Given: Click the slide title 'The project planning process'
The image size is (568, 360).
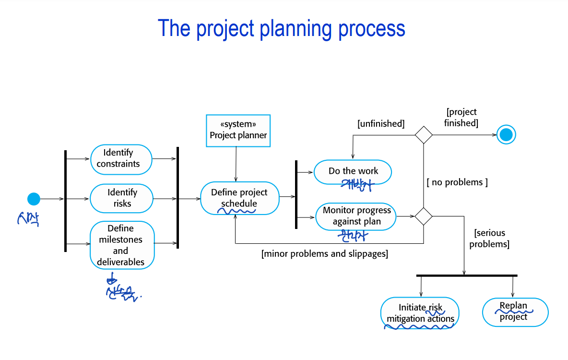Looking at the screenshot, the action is pyautogui.click(x=282, y=29).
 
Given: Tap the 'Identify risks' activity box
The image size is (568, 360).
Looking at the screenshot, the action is pyautogui.click(x=121, y=198).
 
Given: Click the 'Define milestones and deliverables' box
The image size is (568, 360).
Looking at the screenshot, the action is pyautogui.click(x=122, y=245).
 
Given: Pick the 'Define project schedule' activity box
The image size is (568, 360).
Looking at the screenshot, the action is pyautogui.click(x=239, y=198).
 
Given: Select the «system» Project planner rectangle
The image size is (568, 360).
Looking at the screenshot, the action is pyautogui.click(x=238, y=130).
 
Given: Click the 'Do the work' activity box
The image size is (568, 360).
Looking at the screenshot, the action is pyautogui.click(x=353, y=171).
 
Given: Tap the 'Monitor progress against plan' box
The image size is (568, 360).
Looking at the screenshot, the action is pyautogui.click(x=356, y=216).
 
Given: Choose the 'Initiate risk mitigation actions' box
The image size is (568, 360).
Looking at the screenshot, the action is pyautogui.click(x=420, y=313).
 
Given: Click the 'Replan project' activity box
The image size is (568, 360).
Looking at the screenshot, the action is pyautogui.click(x=515, y=312).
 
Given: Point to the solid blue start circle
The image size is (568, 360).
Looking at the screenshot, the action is pyautogui.click(x=34, y=198).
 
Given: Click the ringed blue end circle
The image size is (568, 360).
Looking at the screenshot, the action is pyautogui.click(x=506, y=134).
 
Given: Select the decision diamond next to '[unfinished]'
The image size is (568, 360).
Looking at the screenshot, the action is pyautogui.click(x=423, y=134).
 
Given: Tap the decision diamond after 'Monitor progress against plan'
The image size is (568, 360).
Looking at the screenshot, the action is pyautogui.click(x=423, y=216).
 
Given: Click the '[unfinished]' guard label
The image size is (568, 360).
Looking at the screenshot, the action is pyautogui.click(x=381, y=124).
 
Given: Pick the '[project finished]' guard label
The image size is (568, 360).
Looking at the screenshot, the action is pyautogui.click(x=461, y=118).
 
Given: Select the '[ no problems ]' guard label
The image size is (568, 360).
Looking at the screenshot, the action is pyautogui.click(x=457, y=182).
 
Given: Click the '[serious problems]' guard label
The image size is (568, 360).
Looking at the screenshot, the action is pyautogui.click(x=489, y=239).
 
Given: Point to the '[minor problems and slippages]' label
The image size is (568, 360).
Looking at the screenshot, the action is pyautogui.click(x=325, y=253).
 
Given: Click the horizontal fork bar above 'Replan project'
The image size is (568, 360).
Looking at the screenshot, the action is pyautogui.click(x=466, y=276).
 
